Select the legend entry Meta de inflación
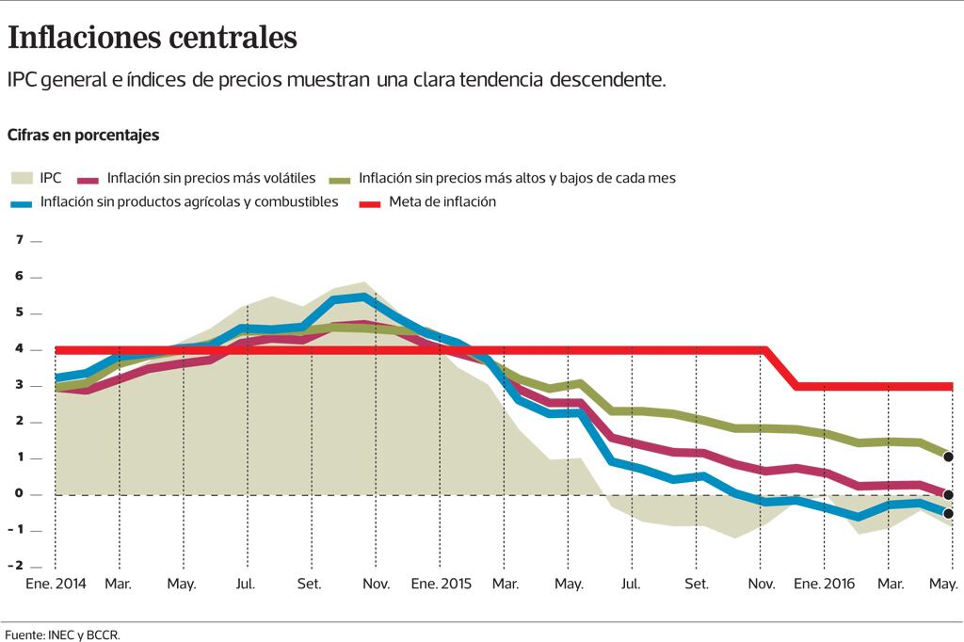point(442,201)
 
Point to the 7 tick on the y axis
point(18,240)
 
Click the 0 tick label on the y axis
point(18,494)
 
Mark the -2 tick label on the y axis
point(16,566)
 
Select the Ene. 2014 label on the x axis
point(55,585)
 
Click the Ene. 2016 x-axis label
point(824,585)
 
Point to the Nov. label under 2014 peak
point(376,585)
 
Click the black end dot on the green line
point(948,457)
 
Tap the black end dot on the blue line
point(948,514)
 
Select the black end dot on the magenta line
point(948,495)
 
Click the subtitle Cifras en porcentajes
point(83,135)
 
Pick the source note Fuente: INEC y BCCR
point(62,634)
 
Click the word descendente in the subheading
point(607,79)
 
